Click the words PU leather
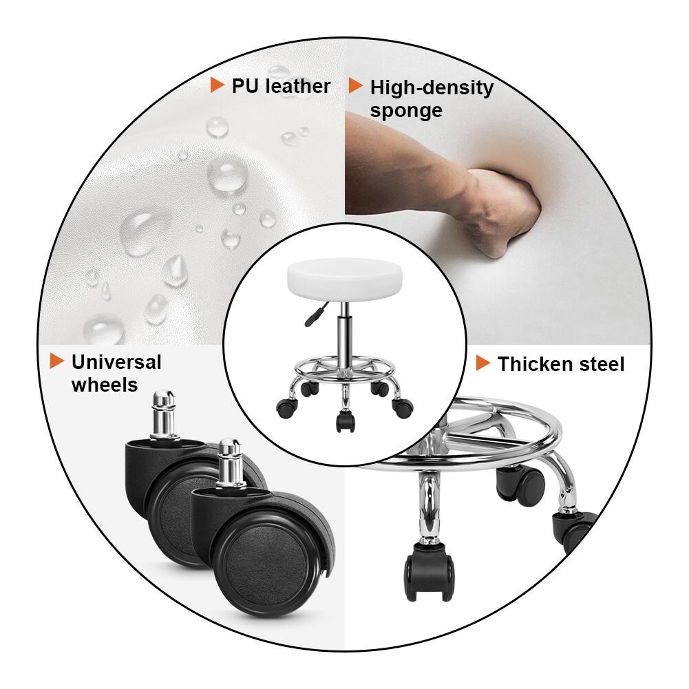coord(281,86)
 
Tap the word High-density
coord(432,88)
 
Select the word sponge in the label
coord(406,111)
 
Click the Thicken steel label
coord(561,364)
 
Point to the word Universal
coord(116,362)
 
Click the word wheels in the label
coord(105,385)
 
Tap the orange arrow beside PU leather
coord(217,85)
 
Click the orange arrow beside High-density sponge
coord(355,86)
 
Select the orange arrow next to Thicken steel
coord(483,363)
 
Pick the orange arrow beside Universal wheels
coord(56,361)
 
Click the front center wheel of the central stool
coord(344,421)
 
